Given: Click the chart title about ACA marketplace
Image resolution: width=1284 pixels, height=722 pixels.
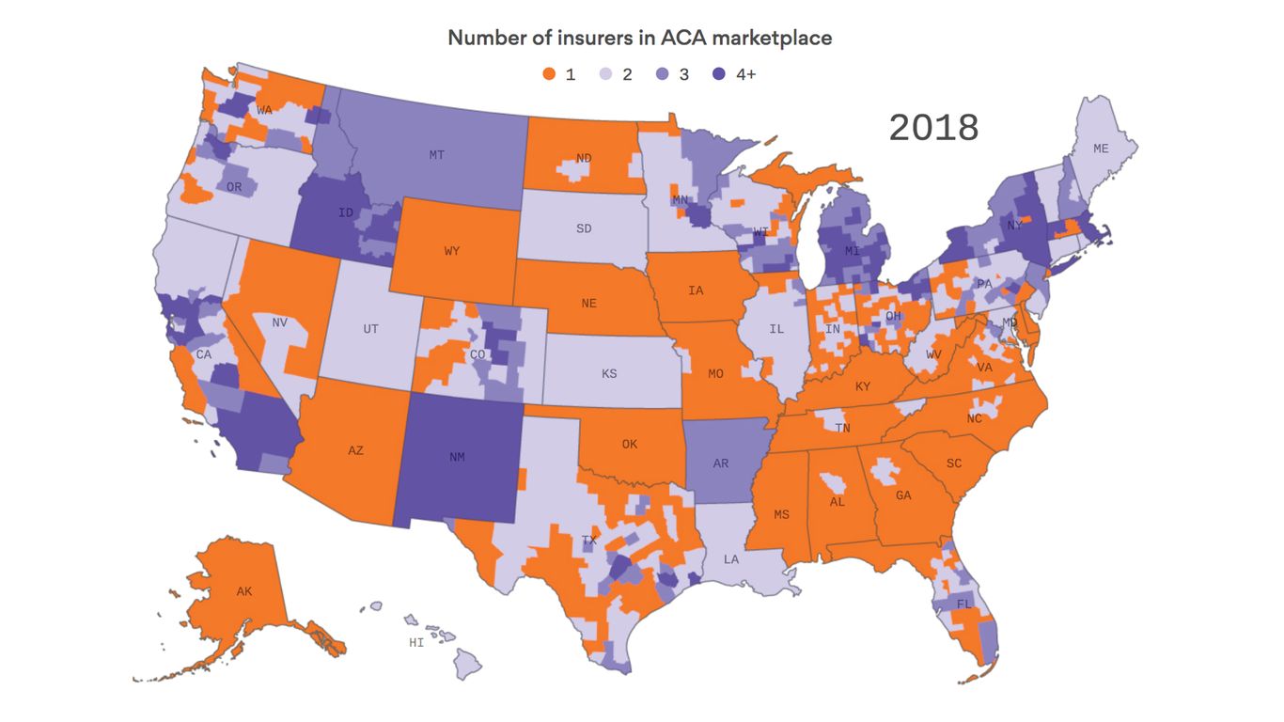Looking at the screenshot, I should point(639,38).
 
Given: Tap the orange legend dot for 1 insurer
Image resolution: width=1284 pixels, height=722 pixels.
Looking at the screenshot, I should point(548,74).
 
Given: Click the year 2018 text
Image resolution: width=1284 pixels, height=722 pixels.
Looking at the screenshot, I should point(933,127).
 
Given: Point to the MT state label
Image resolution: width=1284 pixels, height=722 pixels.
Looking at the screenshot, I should point(436,155).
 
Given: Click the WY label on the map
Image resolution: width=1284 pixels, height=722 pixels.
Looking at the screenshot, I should point(452,251).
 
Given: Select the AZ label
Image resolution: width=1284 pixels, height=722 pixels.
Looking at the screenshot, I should point(355,450).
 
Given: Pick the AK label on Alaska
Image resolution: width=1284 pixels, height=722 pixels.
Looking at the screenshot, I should point(244,591).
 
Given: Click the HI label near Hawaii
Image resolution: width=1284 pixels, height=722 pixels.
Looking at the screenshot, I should point(416,643).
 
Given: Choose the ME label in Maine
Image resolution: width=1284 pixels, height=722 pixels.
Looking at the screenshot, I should point(1101,149).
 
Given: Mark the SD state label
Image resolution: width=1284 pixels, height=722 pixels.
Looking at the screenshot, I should point(584,228).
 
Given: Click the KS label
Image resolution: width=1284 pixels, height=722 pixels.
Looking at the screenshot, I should point(609,373).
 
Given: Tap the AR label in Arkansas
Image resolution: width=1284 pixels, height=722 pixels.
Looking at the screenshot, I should point(721,463).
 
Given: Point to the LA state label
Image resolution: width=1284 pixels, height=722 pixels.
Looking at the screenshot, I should point(731,559).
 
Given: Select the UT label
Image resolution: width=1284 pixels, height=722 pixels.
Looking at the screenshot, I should point(370,329).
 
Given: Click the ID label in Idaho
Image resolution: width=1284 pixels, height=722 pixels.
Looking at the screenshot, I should point(345,212).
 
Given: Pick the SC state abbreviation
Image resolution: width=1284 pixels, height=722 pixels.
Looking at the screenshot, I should point(954,463).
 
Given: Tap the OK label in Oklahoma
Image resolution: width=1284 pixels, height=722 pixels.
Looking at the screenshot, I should point(630,444).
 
